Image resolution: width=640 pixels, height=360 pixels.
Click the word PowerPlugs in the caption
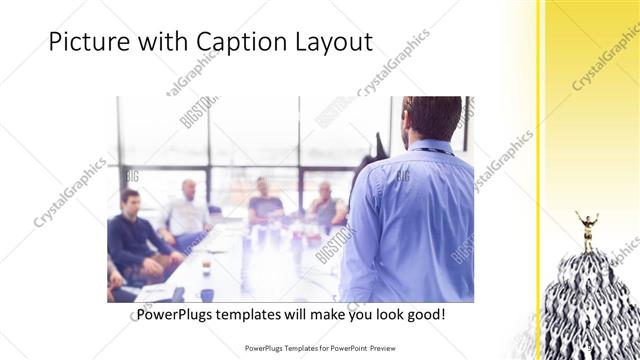coord(175,314)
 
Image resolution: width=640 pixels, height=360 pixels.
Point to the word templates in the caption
coord(257,314)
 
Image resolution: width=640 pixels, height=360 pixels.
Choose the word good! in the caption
coord(425,314)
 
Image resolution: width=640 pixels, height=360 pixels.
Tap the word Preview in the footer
coord(384,349)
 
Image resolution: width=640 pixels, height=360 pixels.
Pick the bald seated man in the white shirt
coord(186,212)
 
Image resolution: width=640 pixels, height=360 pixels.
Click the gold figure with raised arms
coord(586,229)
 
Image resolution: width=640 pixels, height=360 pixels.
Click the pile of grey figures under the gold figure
coord(590,300)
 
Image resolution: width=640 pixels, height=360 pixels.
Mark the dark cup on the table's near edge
coord(207,294)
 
